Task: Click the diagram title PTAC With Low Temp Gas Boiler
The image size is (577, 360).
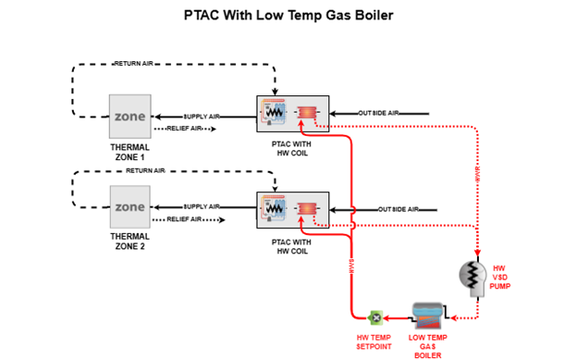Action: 288,16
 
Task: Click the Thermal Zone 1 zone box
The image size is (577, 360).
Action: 129,117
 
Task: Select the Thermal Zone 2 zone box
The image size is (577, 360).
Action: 129,208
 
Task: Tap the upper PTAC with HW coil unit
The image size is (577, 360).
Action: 291,115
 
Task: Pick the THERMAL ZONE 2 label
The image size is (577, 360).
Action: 129,242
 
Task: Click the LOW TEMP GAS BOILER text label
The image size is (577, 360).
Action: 427,345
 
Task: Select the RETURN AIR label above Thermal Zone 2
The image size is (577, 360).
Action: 146,171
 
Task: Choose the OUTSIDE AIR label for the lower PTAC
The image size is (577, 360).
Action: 399,209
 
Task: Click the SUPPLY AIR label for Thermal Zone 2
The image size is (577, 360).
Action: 202,206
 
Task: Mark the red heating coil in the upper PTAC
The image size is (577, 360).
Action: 306,114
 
